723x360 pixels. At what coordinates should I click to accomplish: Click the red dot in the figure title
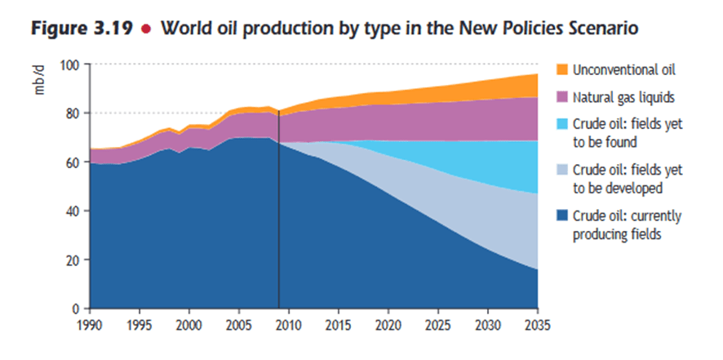145,28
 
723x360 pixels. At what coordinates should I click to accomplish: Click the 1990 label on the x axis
91,323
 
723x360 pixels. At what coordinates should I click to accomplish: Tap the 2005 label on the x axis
239,323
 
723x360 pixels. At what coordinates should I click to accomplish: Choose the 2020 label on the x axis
388,323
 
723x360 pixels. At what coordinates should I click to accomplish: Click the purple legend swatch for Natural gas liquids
561,97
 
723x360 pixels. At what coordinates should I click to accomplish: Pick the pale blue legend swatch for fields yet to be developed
561,171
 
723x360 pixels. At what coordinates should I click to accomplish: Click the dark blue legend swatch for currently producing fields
561,216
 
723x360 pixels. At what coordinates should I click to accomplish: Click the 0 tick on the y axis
81,309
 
